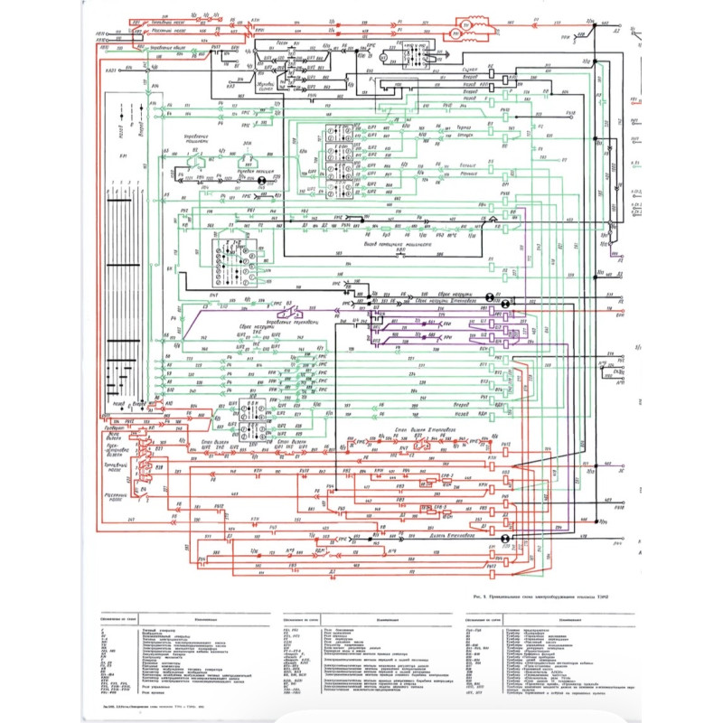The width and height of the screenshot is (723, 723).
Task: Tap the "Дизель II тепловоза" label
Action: (x=452, y=537)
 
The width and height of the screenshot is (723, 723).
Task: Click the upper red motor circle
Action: (x=467, y=23)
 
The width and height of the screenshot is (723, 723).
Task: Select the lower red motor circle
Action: (x=456, y=37)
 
